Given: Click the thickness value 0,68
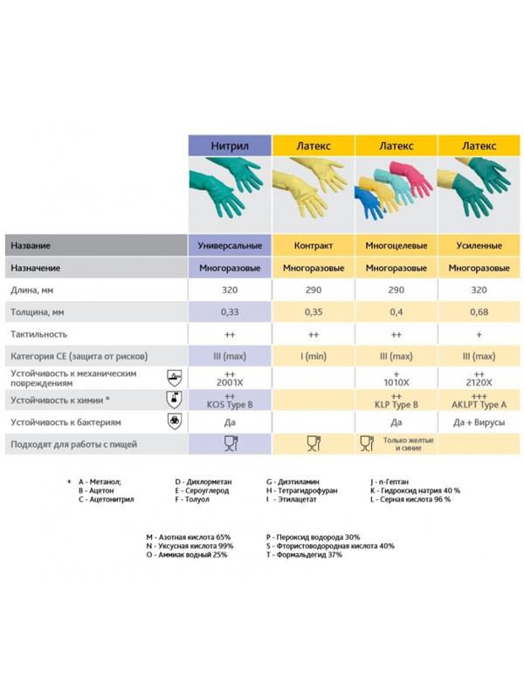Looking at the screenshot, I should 479,311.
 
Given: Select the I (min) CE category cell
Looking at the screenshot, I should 314,356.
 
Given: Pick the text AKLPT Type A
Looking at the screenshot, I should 479,405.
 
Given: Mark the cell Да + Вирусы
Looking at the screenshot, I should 479,423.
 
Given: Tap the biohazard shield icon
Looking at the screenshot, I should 174,422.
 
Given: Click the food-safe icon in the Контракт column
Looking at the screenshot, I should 314,445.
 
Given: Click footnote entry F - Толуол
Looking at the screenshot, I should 198,501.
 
